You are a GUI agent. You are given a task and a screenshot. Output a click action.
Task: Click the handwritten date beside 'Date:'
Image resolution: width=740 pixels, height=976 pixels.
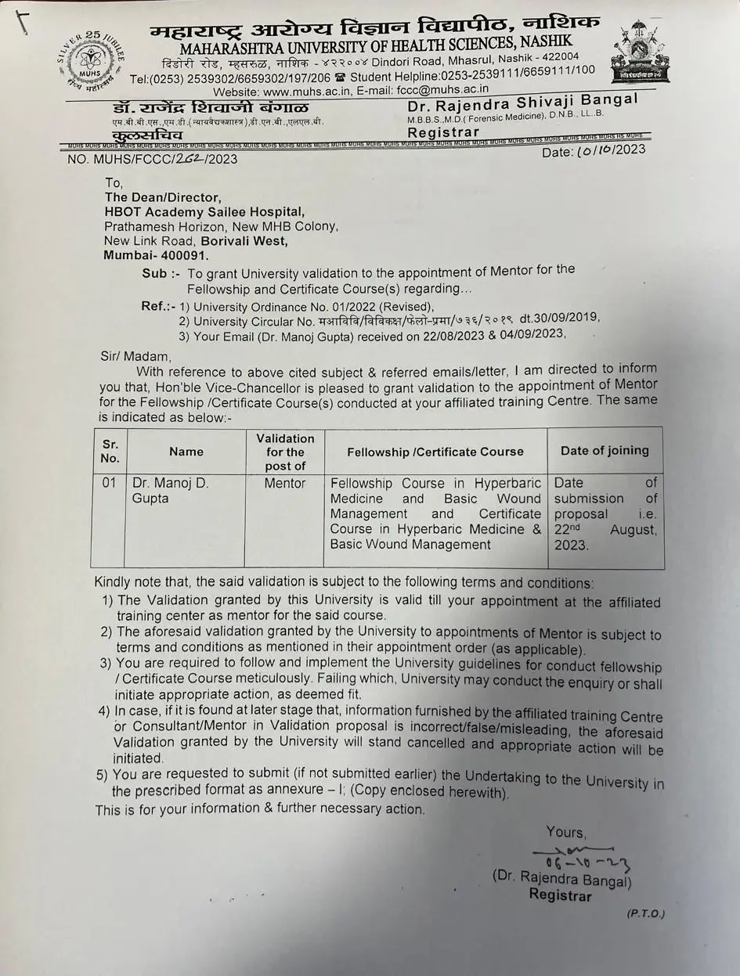600,151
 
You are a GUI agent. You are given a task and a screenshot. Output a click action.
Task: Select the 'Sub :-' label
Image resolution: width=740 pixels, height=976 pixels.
154,273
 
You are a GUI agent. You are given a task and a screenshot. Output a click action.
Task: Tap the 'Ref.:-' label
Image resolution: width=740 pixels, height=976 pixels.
158,306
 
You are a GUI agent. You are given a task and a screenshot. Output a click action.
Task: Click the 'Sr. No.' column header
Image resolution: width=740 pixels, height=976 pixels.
110,452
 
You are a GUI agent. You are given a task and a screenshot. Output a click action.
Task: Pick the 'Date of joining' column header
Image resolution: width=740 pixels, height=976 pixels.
605,450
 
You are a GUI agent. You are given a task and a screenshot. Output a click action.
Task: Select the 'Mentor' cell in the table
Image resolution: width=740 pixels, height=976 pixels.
285,484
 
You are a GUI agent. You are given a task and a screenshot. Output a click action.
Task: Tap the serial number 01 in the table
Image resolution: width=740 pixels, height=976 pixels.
110,483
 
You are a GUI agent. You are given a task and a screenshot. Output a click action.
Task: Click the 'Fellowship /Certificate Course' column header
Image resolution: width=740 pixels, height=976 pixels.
435,451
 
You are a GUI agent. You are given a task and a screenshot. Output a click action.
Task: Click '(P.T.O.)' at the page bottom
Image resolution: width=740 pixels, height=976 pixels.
645,913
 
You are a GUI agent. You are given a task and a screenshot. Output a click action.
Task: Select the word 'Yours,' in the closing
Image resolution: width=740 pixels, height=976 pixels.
565,832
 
